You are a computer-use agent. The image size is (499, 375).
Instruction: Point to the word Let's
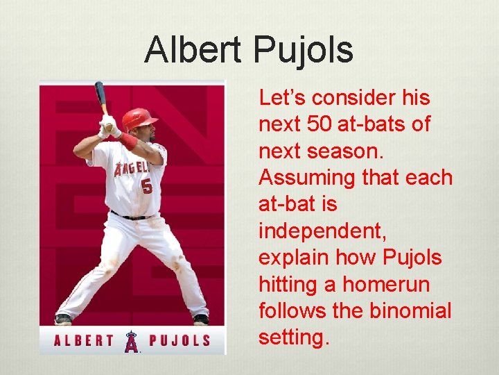pos(284,98)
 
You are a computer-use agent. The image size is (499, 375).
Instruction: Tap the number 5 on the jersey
pos(146,186)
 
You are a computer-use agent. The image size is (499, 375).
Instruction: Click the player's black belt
pos(131,216)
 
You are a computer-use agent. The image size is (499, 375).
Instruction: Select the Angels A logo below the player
pos(131,341)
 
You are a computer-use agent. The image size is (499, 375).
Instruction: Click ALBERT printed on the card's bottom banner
pos(84,340)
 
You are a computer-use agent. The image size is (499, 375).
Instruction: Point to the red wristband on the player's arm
pos(128,141)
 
